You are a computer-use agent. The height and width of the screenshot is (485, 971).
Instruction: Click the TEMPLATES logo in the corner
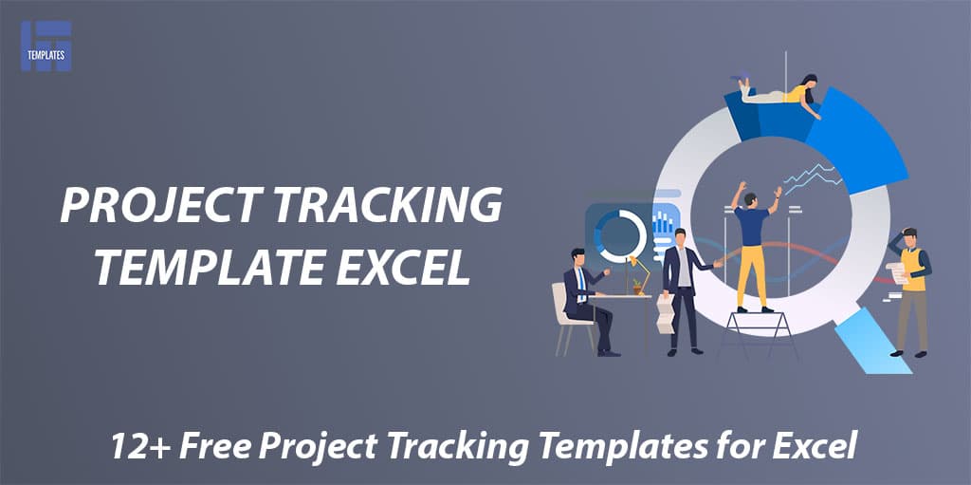click(46, 47)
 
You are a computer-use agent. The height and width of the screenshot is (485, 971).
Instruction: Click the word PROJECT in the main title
click(158, 205)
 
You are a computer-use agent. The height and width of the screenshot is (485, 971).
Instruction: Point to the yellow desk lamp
click(640, 274)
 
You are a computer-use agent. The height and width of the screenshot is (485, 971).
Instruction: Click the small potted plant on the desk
click(636, 287)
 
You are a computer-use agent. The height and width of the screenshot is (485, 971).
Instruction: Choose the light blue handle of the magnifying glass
click(873, 342)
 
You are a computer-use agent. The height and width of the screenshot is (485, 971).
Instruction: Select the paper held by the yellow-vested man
click(896, 273)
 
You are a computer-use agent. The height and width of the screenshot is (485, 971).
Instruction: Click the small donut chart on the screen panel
click(620, 235)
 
